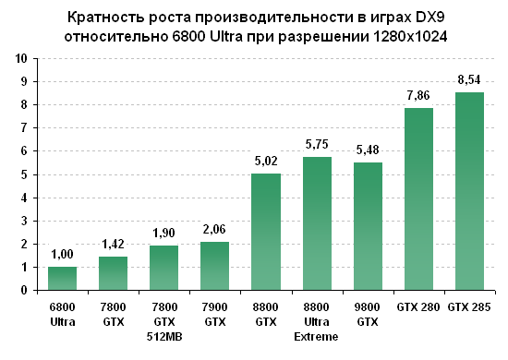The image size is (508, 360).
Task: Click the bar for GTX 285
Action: coord(469,191)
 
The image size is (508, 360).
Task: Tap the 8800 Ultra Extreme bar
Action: coord(317,223)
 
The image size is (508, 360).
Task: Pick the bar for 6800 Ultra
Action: coord(63,278)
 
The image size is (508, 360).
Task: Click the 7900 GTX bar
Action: coord(215,266)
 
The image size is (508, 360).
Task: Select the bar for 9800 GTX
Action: coord(368,226)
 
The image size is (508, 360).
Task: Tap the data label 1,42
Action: coord(114,246)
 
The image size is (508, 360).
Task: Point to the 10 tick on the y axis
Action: coord(20,58)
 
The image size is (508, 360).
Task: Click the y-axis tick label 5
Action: coord(23,174)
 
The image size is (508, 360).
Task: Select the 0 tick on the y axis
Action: coord(23,290)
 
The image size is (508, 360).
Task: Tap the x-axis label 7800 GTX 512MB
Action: coord(164,321)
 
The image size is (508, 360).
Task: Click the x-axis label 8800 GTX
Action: coord(266,315)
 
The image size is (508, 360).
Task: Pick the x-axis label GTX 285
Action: coord(469,306)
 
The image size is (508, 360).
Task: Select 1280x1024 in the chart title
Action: coord(400,37)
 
